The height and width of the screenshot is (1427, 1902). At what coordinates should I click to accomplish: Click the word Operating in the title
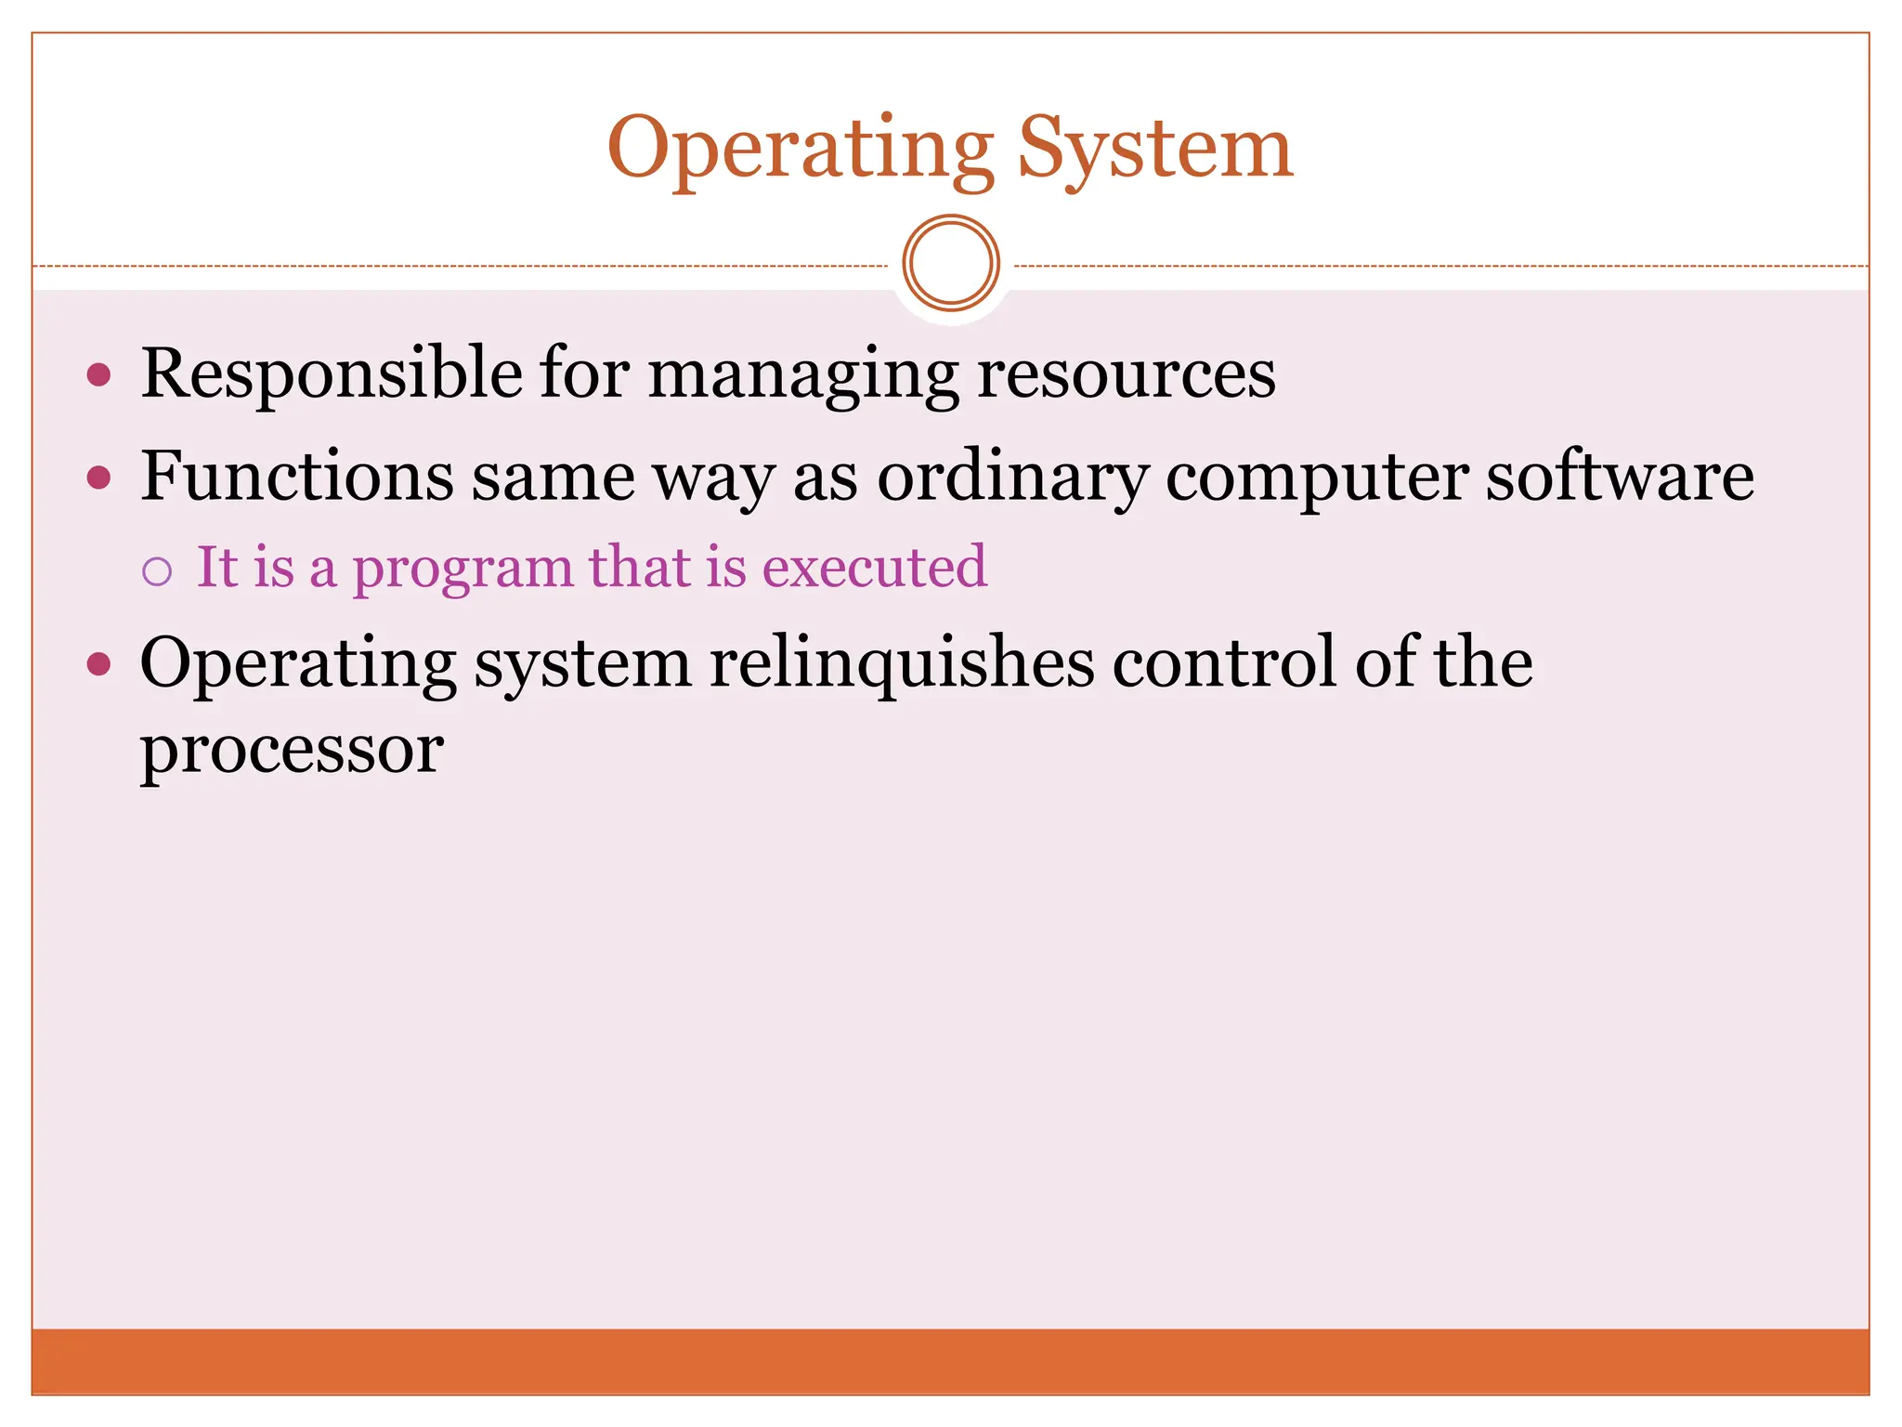click(x=800, y=149)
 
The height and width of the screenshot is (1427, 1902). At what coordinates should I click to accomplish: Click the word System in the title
click(x=1154, y=149)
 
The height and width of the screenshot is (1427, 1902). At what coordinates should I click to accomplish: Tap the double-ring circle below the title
click(x=951, y=263)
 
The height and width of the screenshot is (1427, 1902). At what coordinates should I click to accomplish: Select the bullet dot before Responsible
click(x=98, y=375)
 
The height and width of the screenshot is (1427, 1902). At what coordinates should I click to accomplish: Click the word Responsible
click(x=332, y=373)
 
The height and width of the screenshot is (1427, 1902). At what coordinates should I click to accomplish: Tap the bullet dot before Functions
click(x=98, y=478)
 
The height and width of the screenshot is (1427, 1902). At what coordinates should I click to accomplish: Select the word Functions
click(x=297, y=477)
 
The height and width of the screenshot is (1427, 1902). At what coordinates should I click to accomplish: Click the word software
click(x=1620, y=477)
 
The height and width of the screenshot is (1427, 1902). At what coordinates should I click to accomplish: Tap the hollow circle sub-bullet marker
click(x=157, y=571)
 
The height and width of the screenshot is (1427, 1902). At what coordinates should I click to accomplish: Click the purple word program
click(x=462, y=569)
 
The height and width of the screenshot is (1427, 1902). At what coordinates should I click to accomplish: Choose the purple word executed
click(x=874, y=567)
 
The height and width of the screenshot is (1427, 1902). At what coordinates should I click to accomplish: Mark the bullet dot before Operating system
click(x=98, y=664)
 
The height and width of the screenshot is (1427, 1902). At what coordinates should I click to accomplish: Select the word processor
click(x=292, y=751)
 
